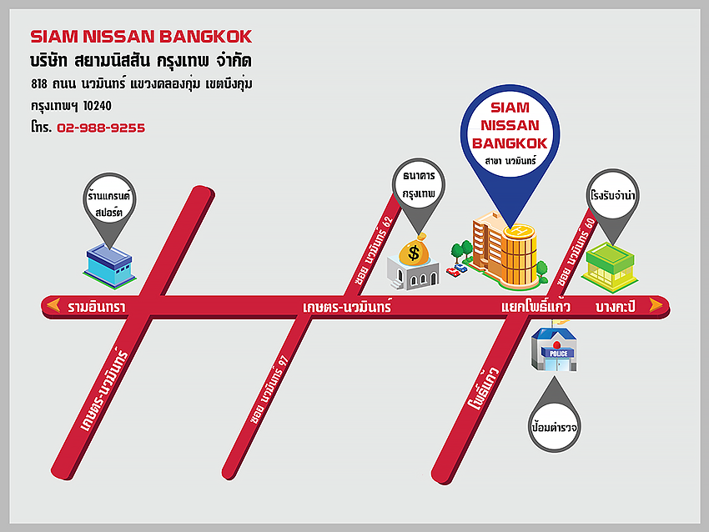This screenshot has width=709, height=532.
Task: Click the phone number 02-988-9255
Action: (x=101, y=128)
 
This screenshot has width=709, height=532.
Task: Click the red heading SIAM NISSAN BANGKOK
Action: (x=141, y=37)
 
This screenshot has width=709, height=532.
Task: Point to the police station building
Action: (x=555, y=349)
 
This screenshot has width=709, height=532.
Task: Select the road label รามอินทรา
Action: (x=97, y=307)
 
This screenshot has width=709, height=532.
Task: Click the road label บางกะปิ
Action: (x=616, y=307)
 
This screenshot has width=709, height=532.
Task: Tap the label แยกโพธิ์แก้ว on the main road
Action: (x=536, y=307)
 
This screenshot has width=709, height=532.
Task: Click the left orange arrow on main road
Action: (x=53, y=306)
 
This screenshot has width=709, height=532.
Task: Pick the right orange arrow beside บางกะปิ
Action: (x=656, y=306)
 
